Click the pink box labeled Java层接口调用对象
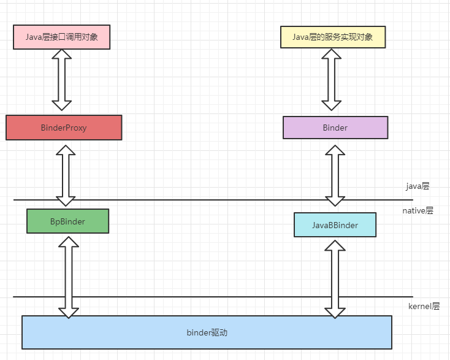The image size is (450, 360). (x=61, y=37)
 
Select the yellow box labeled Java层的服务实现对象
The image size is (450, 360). (x=334, y=37)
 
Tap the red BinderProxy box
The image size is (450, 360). (x=64, y=128)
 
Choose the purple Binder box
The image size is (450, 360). (x=335, y=128)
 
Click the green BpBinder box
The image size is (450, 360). (x=67, y=221)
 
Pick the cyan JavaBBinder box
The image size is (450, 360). (x=335, y=225)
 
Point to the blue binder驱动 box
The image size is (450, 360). (x=207, y=332)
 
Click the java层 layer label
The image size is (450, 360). (x=418, y=185)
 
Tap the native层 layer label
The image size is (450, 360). (x=418, y=210)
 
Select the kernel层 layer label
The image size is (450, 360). (x=424, y=306)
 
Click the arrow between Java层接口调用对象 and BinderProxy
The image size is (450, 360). (x=62, y=80)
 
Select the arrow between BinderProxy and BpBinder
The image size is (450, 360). (x=66, y=175)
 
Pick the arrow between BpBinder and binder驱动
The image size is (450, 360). (x=68, y=276)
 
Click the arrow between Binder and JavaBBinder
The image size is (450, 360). (x=335, y=175)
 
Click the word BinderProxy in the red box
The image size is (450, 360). (x=64, y=128)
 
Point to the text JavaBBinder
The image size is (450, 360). (x=335, y=226)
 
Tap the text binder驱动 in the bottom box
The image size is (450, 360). (x=207, y=333)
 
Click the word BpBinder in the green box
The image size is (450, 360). (x=67, y=221)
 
